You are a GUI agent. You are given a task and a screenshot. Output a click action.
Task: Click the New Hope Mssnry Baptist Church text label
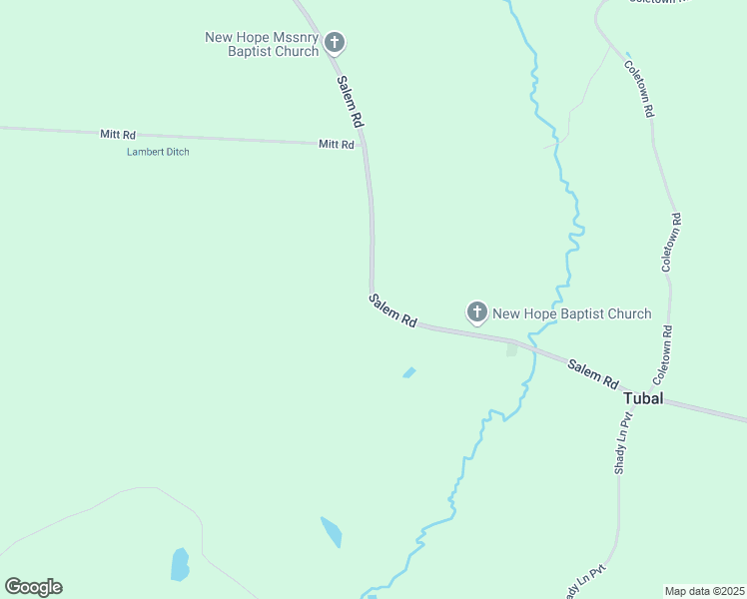(262, 44)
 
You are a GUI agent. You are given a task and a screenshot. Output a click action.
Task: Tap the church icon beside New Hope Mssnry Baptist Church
(335, 43)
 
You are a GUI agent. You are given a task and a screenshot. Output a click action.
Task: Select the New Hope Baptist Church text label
(572, 313)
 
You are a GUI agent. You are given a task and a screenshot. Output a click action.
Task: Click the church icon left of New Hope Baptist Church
(477, 312)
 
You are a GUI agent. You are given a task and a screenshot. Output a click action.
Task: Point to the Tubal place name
(643, 398)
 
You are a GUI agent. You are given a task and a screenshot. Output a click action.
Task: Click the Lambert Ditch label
(158, 152)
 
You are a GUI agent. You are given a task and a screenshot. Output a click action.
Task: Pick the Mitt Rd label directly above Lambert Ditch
(118, 134)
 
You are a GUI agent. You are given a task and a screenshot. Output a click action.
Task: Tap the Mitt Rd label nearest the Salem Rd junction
(337, 144)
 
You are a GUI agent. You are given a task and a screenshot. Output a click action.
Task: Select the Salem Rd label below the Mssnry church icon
(350, 101)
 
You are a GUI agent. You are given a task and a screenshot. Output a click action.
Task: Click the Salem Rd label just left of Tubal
(593, 374)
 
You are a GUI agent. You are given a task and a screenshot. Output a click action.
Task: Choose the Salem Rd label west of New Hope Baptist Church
(392, 310)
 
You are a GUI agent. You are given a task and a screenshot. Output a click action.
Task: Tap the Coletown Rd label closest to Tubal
(663, 356)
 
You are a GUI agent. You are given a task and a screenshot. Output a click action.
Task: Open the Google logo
(33, 587)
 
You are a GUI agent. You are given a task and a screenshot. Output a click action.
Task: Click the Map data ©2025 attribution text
(704, 591)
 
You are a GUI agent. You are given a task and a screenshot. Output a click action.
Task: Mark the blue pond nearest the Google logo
(180, 564)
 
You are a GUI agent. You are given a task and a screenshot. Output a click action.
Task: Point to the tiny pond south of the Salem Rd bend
(408, 372)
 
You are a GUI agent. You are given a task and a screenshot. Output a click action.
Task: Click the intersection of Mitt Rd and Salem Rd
(366, 145)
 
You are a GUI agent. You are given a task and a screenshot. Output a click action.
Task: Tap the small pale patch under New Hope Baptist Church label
(512, 349)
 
